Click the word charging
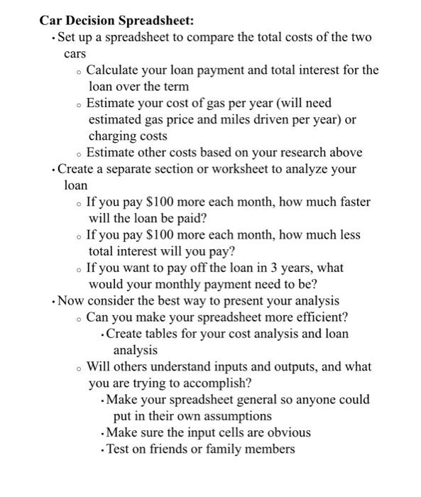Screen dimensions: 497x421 tap(112, 136)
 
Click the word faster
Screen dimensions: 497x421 tap(351, 202)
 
